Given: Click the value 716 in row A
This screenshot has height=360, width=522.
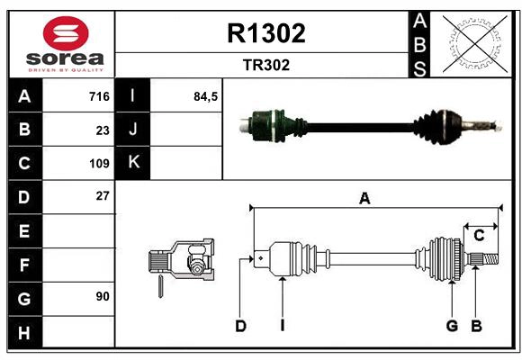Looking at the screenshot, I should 98,96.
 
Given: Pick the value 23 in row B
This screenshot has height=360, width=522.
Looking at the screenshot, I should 102,130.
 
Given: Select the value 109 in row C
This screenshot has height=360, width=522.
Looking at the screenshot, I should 98,164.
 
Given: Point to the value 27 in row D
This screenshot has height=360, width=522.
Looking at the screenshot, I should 102,195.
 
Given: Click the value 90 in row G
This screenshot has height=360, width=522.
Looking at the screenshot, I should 102,296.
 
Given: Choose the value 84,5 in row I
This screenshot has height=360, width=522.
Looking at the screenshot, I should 206,96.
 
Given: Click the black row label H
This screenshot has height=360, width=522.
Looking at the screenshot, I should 24,332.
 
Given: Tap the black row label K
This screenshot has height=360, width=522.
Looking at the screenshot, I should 133,163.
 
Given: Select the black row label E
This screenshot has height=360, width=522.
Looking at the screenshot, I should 24,231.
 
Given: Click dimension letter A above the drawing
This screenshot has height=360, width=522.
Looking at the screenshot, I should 364,199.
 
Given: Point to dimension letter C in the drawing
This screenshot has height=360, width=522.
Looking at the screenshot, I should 479,236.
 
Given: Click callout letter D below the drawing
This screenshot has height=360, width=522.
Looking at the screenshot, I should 240,326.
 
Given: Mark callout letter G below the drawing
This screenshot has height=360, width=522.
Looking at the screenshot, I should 452,326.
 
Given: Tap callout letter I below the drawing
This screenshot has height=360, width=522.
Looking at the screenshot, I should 282,326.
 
